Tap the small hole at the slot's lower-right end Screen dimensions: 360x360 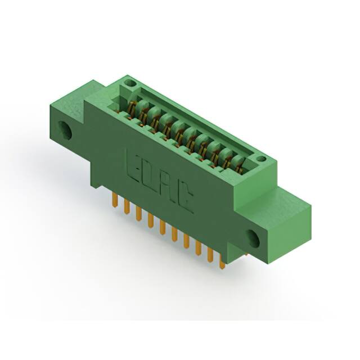point(260,161)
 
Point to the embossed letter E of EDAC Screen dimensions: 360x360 point(134,163)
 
